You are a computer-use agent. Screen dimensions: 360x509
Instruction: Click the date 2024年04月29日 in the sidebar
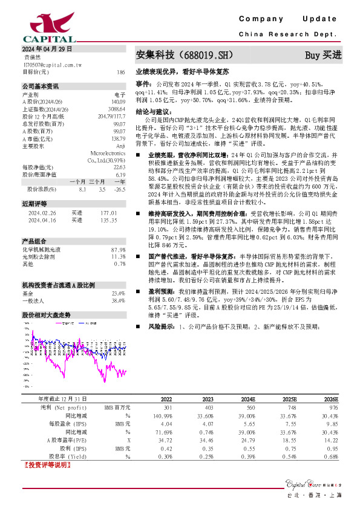(47, 48)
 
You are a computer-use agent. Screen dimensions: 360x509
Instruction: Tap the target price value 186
(121, 71)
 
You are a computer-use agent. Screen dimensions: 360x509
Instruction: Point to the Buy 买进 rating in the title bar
(323, 55)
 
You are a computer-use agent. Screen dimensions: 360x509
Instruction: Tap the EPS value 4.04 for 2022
(166, 425)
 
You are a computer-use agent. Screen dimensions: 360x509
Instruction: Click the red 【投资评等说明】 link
(46, 466)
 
